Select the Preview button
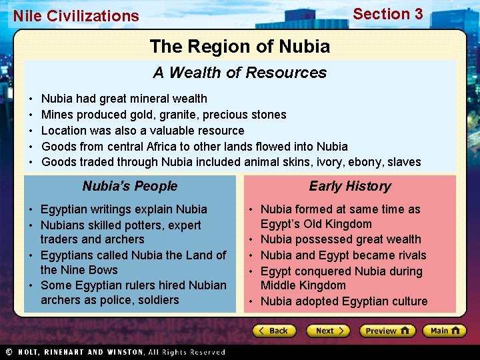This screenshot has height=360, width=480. [x=387, y=331]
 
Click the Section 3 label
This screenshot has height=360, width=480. [x=387, y=14]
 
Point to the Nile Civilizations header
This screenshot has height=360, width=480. [x=76, y=16]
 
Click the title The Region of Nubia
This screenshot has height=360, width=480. [x=240, y=47]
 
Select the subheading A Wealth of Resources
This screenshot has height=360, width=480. [x=240, y=73]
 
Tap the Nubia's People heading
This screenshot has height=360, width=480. [x=130, y=186]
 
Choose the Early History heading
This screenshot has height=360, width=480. [x=350, y=186]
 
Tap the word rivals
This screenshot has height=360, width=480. [x=407, y=255]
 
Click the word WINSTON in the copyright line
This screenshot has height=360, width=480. [x=121, y=352]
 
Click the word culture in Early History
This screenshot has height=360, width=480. [x=406, y=301]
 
